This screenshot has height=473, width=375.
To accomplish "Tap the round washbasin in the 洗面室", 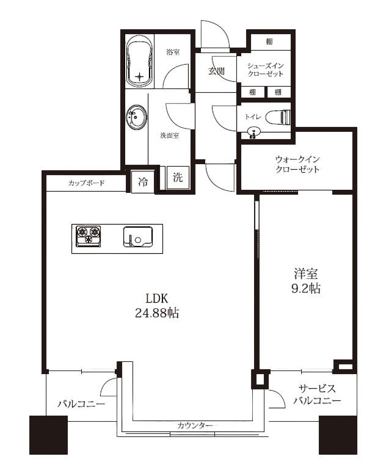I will click(137, 117).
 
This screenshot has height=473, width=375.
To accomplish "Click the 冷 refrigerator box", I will click(142, 181).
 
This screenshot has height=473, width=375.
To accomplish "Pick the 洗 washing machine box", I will click(177, 179).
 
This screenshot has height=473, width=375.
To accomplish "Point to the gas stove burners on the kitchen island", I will click(88, 235).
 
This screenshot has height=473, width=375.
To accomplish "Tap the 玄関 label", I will click(216, 71).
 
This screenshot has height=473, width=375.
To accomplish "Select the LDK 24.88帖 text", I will click(157, 306).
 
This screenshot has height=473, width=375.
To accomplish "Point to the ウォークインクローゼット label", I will click(297, 164).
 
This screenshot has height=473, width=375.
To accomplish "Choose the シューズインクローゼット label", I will click(265, 69).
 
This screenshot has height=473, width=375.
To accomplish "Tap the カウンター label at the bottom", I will click(195, 425).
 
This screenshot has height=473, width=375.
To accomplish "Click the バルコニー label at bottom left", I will click(81, 404).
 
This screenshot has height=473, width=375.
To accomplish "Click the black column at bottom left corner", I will click(48, 435).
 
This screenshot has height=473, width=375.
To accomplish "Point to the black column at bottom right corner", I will click(337, 435).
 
